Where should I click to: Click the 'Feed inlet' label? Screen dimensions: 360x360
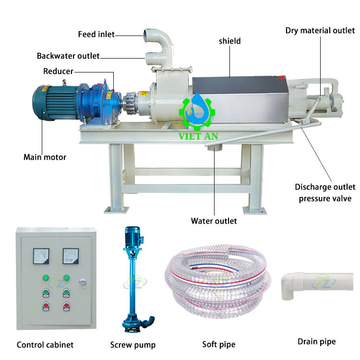click(96, 34)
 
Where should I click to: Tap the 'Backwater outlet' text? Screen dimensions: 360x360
click(68, 56)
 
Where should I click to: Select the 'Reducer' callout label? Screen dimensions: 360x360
click(58, 71)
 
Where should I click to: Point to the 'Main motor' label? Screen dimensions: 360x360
click(45, 157)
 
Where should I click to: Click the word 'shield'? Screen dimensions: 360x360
click(229, 41)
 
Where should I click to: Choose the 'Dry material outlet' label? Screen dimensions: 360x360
click(320, 31)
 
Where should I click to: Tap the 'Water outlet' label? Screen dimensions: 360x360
click(214, 221)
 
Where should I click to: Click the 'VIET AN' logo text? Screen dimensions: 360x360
click(198, 136)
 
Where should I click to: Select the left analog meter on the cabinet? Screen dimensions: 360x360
click(41, 256)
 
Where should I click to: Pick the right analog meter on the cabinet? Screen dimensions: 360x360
click(71, 256)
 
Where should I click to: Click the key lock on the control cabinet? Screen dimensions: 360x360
click(83, 282)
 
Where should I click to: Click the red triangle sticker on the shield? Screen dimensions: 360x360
click(282, 78)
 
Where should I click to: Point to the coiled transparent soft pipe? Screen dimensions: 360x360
click(218, 281)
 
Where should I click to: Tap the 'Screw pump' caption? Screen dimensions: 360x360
click(133, 345)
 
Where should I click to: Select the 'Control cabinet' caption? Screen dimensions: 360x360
click(45, 345)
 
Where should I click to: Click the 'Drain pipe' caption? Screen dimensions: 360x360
click(317, 342)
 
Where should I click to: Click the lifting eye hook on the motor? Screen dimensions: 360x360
click(64, 82)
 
